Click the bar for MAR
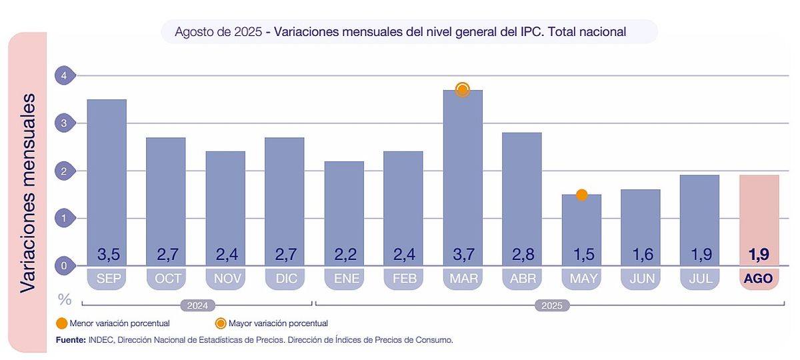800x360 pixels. click(x=463, y=173)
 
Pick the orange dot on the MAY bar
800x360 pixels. click(x=581, y=195)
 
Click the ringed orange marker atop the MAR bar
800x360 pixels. click(x=463, y=90)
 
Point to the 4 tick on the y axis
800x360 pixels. click(x=64, y=76)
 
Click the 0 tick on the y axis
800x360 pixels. click(x=64, y=266)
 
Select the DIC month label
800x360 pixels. click(x=285, y=279)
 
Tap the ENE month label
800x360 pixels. click(x=344, y=279)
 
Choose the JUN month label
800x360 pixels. click(x=640, y=279)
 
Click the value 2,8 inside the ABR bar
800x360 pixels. click(x=522, y=254)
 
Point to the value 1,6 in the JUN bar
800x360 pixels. click(x=640, y=254)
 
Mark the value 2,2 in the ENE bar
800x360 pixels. click(x=344, y=254)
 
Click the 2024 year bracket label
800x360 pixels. click(x=197, y=306)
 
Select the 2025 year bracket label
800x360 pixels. click(x=552, y=306)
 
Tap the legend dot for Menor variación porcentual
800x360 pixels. click(x=61, y=323)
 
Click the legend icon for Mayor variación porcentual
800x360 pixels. click(x=221, y=323)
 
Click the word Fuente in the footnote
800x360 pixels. click(x=70, y=340)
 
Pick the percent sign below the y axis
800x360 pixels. click(x=65, y=299)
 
